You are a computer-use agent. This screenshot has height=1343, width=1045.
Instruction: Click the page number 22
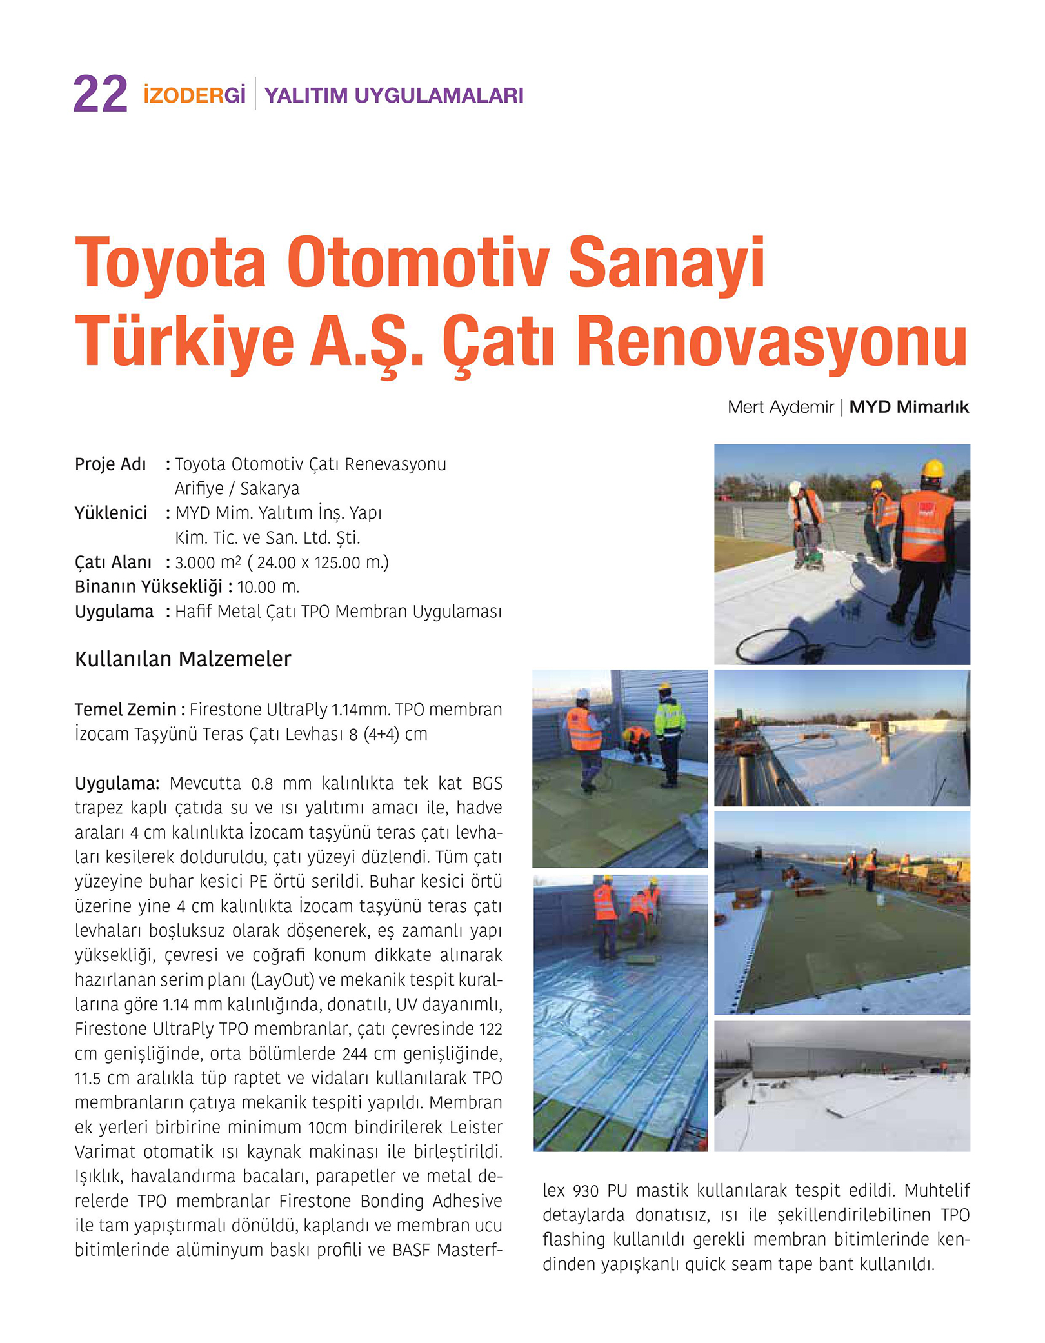[x=100, y=95]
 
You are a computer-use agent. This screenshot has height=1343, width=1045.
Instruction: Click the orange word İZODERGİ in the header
[x=194, y=95]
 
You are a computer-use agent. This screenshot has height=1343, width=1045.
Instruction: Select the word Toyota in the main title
[x=170, y=263]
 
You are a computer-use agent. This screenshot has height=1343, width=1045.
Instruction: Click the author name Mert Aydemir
[x=780, y=407]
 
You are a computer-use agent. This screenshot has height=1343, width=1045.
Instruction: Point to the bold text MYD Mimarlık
[x=908, y=407]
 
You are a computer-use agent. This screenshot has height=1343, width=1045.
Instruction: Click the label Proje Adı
[x=110, y=464]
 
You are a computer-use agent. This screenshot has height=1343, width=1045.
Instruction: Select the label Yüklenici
[x=111, y=513]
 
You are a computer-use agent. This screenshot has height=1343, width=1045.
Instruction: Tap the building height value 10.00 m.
[x=268, y=587]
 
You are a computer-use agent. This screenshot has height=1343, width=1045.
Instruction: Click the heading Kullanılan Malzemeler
[x=183, y=659]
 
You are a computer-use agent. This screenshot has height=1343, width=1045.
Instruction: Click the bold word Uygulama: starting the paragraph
[x=117, y=783]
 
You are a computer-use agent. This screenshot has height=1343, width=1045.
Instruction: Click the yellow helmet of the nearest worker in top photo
[x=933, y=468]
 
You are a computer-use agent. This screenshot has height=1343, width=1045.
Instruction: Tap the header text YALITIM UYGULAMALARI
[x=393, y=95]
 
